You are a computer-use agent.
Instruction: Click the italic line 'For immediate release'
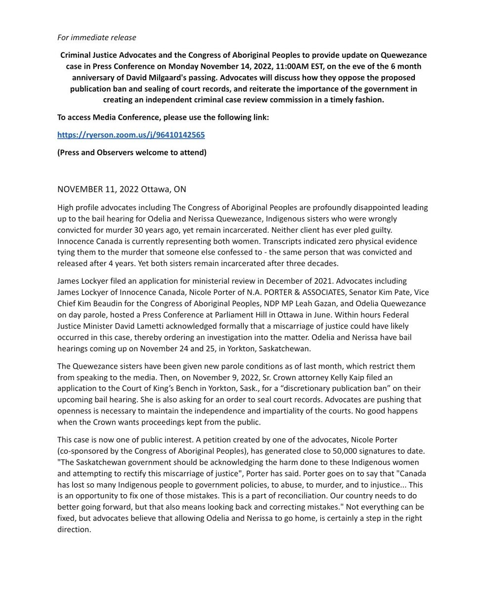click(96, 38)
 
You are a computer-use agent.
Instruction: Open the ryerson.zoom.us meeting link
click(131, 135)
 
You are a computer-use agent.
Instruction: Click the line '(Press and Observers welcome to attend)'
click(132, 152)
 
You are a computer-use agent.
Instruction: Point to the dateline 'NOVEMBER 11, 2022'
click(98, 190)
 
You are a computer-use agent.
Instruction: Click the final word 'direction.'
click(74, 530)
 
